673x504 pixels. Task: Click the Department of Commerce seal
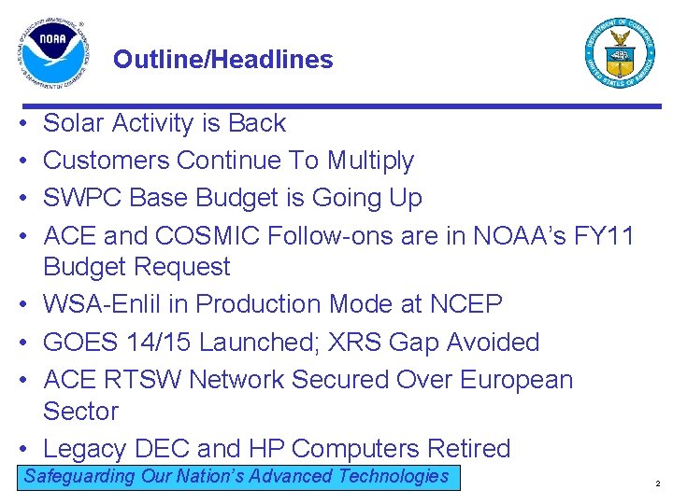tap(620, 52)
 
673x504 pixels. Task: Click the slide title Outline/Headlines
tap(222, 60)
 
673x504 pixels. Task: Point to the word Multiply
tap(370, 161)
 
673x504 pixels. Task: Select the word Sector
tap(81, 412)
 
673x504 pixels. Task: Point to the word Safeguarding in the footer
tap(79, 477)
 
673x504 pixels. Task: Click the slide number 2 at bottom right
tap(657, 484)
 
